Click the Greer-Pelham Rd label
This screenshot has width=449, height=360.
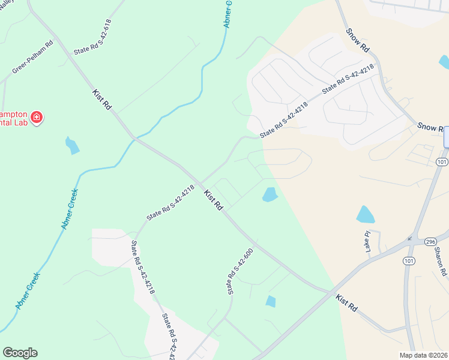tap(33, 58)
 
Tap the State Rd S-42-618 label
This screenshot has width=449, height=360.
tap(92, 37)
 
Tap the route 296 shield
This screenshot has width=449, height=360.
tap(430, 241)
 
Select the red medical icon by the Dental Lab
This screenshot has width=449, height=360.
tap(37, 117)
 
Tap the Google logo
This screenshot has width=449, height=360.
tap(20, 353)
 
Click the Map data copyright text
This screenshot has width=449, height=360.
tap(423, 355)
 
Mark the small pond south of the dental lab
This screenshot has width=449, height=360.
tap(72, 145)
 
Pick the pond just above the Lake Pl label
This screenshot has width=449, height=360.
tap(365, 214)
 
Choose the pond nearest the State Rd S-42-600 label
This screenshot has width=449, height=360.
tap(271, 301)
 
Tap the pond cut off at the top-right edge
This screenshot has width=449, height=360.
tap(445, 61)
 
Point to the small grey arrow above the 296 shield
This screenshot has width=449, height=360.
tap(410, 238)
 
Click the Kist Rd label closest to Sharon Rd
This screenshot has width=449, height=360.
tap(346, 302)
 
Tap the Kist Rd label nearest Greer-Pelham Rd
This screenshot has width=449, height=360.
tap(102, 99)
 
